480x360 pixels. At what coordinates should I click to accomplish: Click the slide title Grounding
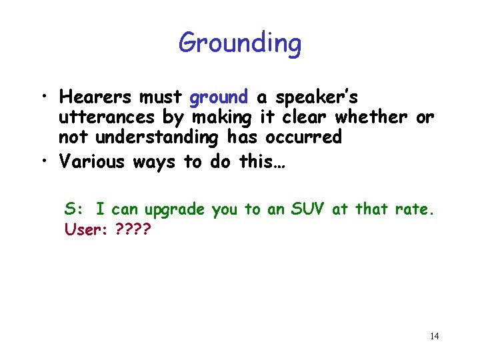point(239,44)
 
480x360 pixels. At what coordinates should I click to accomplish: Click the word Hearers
point(95,97)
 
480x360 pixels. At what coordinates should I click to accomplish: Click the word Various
point(91,161)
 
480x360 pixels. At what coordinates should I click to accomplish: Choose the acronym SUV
point(308,209)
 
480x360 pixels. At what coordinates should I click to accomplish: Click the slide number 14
point(434,336)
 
